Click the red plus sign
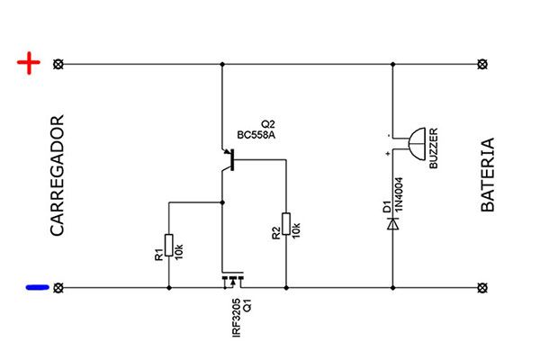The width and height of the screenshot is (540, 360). (x=31, y=64)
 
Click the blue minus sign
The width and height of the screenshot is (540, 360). (x=36, y=288)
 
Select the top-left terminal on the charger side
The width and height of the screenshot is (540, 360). (x=59, y=65)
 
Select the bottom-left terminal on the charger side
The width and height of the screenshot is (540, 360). (x=59, y=288)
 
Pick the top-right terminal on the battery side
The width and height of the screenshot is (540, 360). (x=481, y=65)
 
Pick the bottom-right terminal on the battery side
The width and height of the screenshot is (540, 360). (x=481, y=288)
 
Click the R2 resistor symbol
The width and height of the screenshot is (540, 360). (x=286, y=224)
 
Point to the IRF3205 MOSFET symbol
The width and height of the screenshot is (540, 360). (x=233, y=282)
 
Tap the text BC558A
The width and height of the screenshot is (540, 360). (x=256, y=136)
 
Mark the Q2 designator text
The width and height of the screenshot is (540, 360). (x=267, y=123)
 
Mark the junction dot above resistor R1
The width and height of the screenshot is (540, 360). (x=221, y=203)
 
